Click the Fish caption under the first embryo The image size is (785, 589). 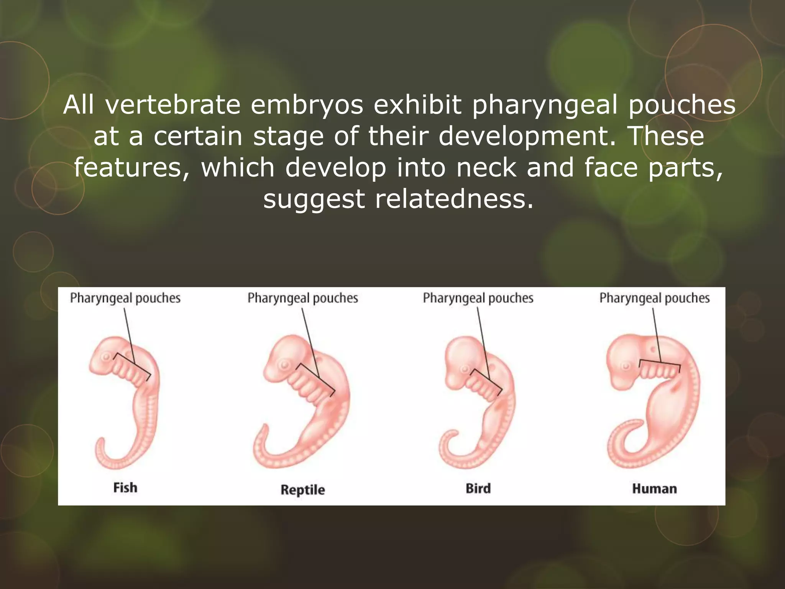click(125, 488)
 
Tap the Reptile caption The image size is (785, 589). click(302, 490)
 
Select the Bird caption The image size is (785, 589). click(478, 489)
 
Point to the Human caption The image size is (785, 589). click(654, 489)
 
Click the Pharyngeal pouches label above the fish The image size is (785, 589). click(125, 298)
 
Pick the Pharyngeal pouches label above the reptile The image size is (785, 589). click(302, 298)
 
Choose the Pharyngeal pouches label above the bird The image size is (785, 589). click(478, 298)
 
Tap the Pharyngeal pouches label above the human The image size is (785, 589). click(654, 298)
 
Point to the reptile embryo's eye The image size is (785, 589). click(284, 364)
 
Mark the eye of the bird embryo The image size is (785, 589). click(465, 370)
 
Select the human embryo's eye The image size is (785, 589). click(626, 366)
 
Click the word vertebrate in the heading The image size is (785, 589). click(173, 105)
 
